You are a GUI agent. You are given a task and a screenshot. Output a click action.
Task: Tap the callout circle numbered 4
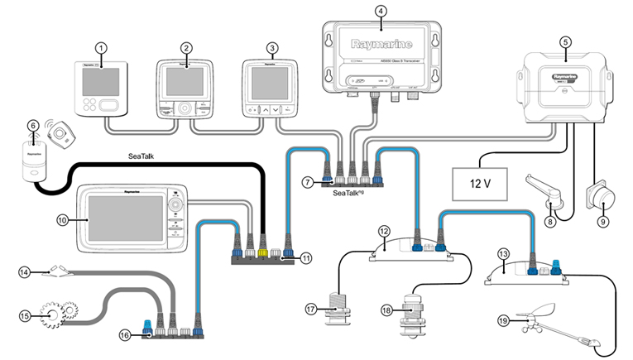click(380, 11)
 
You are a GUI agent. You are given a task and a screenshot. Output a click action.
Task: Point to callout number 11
click(306, 258)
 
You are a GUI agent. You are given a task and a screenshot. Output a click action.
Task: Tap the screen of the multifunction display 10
click(123, 219)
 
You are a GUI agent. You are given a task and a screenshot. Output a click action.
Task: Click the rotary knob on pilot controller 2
click(185, 108)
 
